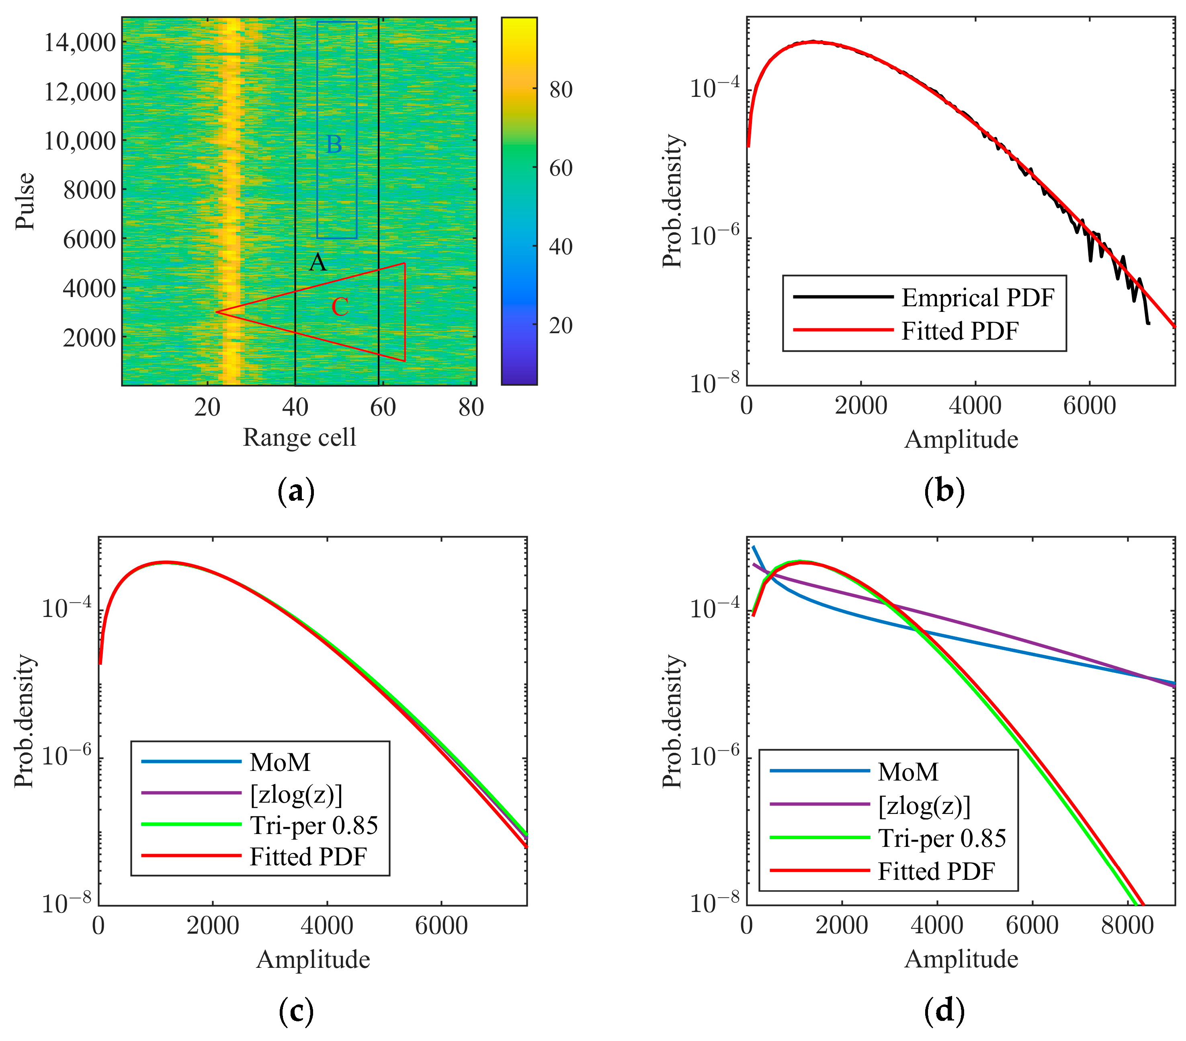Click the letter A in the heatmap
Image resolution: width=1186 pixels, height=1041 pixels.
[317, 262]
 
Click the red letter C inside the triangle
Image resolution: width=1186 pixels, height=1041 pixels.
[340, 307]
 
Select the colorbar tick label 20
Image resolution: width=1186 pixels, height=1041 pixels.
[561, 326]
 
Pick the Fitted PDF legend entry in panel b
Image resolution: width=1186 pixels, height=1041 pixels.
[960, 331]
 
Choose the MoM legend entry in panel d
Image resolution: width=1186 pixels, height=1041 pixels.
[908, 772]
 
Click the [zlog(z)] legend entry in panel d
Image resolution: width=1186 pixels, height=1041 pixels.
[924, 805]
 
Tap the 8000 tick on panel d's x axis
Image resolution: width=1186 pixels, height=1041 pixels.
[1127, 924]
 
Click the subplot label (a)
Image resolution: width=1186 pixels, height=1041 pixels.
[296, 491]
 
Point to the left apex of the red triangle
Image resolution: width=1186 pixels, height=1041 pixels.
[217, 312]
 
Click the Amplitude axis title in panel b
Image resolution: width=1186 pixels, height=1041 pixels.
[961, 439]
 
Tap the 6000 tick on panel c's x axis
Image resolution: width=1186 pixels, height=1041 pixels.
[441, 925]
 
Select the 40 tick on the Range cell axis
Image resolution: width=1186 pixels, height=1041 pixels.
[295, 407]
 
